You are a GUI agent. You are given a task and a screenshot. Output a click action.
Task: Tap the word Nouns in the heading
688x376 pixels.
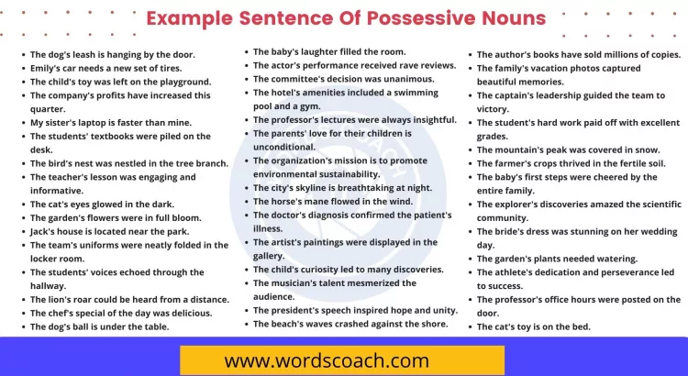coord(505,18)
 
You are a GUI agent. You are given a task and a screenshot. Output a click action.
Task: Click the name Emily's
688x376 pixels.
coord(47,68)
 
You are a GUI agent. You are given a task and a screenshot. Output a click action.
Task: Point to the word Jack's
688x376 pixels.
coord(45,231)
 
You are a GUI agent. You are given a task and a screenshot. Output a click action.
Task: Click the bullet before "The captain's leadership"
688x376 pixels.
coord(470,95)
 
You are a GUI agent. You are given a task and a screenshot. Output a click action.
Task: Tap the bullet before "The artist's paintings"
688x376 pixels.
coord(245,242)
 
